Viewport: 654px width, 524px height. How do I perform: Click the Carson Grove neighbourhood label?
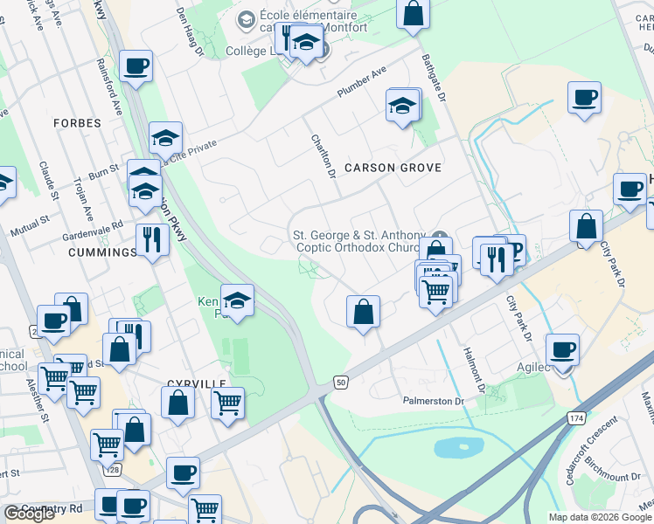pos(393,167)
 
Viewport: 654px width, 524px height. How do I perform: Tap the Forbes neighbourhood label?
pos(77,123)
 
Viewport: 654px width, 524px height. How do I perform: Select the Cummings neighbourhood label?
pos(101,252)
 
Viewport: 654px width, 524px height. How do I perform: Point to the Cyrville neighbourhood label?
pos(197,383)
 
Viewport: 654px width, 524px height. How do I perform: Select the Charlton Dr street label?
pos(324,156)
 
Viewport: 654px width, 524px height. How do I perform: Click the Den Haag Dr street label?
pos(189,31)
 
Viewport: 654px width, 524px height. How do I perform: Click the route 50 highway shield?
pos(341,383)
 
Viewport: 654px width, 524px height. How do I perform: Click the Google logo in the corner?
pos(29,514)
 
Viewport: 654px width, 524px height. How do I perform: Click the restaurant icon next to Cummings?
pos(153,238)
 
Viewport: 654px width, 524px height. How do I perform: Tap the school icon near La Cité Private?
pos(165,137)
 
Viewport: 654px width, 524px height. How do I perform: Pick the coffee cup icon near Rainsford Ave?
pos(136,65)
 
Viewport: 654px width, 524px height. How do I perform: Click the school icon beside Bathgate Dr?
pos(402,106)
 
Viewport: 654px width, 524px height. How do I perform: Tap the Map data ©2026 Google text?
pos(601,517)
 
